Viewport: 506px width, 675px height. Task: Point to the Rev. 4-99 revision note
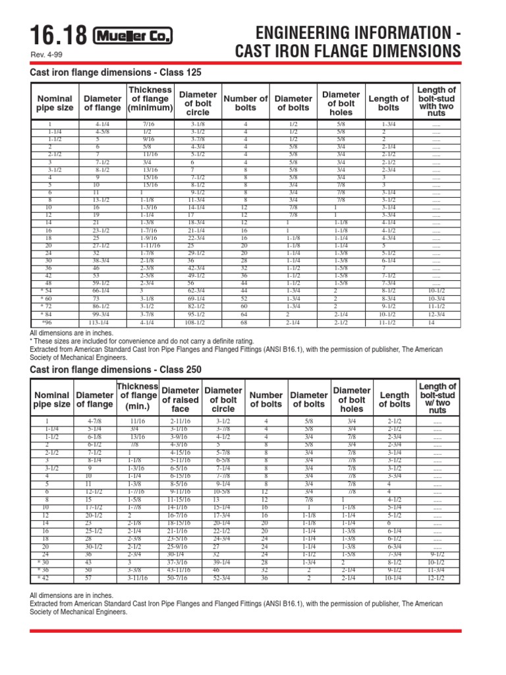[46, 55]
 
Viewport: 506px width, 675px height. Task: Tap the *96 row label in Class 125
[47, 323]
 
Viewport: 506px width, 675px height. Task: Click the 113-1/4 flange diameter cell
[98, 323]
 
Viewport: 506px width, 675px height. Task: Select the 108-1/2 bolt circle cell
[193, 323]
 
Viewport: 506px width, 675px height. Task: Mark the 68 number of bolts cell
[245, 323]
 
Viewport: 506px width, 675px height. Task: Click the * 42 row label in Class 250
[45, 578]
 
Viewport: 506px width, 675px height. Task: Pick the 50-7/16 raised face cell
[180, 578]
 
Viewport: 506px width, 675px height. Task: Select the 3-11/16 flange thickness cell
[138, 578]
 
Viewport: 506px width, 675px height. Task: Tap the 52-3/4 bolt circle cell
[222, 578]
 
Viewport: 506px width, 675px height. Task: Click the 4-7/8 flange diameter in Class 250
[94, 420]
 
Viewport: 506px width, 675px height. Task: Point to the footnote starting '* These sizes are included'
[142, 341]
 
